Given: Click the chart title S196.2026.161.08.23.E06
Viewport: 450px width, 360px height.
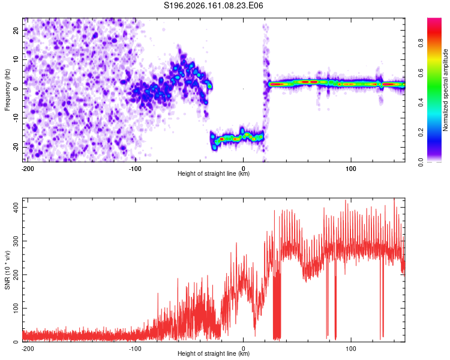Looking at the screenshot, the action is tap(213, 5).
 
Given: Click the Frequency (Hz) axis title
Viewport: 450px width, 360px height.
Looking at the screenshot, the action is tap(7, 90).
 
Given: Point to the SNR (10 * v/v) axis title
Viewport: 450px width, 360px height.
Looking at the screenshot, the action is tap(7, 270).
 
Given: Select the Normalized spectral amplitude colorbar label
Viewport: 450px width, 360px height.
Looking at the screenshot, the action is tap(445, 90).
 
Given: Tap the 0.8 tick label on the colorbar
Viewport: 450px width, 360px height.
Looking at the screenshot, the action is tap(421, 43).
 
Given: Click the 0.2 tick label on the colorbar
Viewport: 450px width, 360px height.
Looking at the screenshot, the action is tap(421, 133).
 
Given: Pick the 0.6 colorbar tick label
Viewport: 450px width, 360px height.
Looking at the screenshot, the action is tap(421, 73).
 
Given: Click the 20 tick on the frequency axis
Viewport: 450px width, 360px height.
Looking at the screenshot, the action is tap(16, 30).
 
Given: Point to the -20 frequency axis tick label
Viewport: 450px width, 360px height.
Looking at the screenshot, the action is tap(16, 147).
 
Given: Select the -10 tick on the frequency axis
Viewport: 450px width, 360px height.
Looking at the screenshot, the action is tap(16, 118).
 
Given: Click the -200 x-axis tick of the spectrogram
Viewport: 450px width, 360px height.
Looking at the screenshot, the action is tap(28, 169).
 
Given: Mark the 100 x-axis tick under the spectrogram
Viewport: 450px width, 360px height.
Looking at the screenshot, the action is tap(351, 169).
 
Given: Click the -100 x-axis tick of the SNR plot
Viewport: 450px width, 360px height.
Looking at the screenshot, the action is tap(135, 349).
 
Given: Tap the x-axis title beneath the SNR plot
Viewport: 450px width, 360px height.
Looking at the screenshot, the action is tap(214, 353).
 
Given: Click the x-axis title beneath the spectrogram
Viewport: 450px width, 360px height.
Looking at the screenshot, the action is tap(214, 173).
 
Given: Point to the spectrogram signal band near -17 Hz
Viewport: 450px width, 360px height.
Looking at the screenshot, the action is tap(237, 138).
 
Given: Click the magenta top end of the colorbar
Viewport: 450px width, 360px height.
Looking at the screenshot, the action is tap(434, 20).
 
